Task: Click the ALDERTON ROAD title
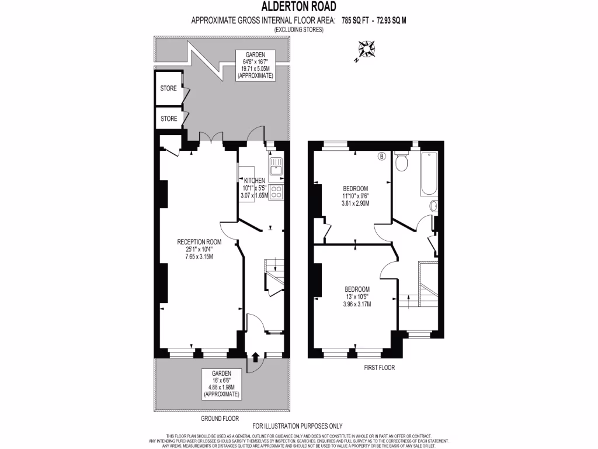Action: (x=298, y=7)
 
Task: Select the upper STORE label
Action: (x=169, y=89)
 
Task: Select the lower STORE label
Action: (x=169, y=119)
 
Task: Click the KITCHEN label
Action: (x=255, y=181)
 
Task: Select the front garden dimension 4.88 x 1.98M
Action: (x=221, y=388)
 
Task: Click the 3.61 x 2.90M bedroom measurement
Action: (x=355, y=203)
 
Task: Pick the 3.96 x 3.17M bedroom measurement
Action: (x=356, y=304)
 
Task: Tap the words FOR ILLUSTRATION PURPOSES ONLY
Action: (x=297, y=426)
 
